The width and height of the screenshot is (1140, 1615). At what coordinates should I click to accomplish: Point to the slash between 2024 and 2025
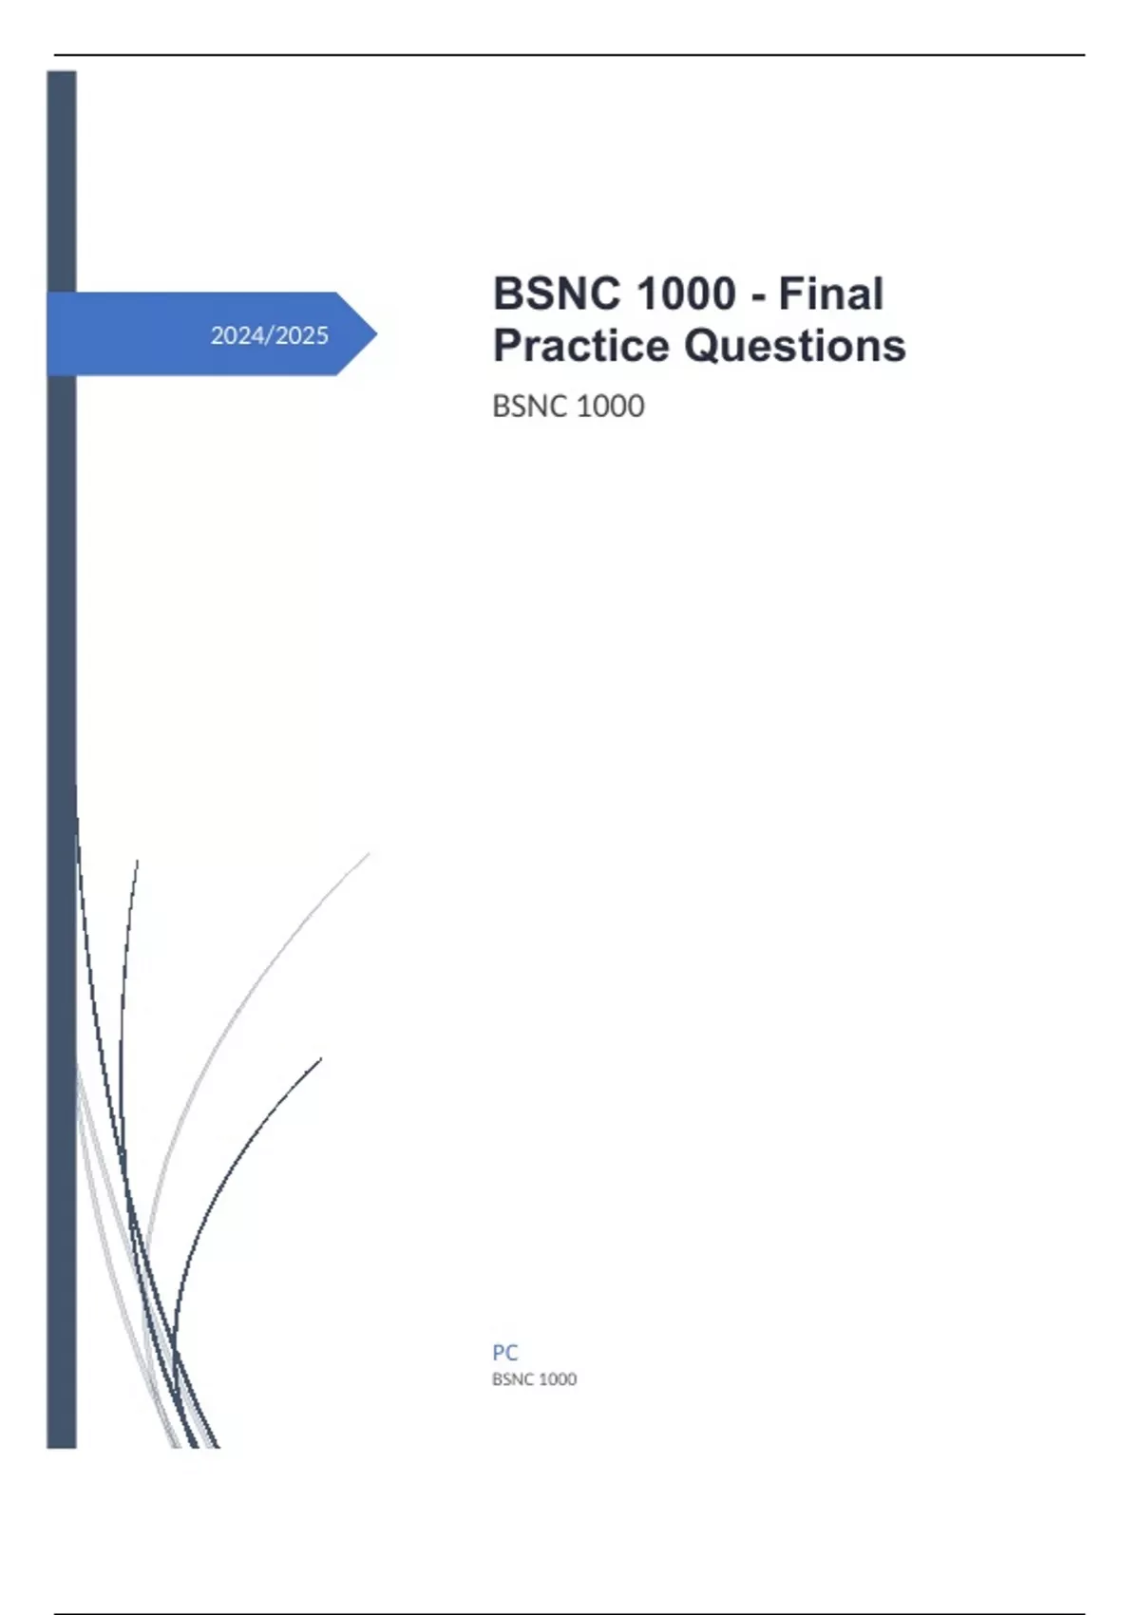(269, 335)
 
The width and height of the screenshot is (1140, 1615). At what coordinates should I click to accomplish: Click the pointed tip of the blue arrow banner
(376, 333)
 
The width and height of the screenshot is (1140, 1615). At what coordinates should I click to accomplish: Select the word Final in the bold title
(830, 294)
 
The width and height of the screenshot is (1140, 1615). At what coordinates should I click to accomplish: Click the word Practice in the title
(581, 346)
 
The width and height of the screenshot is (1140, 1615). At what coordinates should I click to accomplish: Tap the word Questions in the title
(794, 346)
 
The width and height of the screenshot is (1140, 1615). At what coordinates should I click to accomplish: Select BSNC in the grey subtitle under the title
(531, 407)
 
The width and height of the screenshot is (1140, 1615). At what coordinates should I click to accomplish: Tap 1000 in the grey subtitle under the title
(611, 407)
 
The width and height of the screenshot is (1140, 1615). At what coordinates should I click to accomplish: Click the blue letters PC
(504, 1352)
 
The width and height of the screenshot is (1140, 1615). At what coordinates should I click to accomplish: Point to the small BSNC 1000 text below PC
(534, 1379)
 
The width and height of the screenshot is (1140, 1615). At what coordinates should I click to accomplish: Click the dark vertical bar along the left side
(62, 758)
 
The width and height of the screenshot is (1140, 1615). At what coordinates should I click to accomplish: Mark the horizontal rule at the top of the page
(570, 55)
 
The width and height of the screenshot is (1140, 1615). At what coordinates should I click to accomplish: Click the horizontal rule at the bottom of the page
(570, 1612)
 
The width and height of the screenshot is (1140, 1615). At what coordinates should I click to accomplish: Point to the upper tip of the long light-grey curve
(370, 853)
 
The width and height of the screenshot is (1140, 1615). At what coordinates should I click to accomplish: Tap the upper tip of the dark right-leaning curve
(321, 1058)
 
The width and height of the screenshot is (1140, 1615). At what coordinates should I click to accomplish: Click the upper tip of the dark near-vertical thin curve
(137, 860)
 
